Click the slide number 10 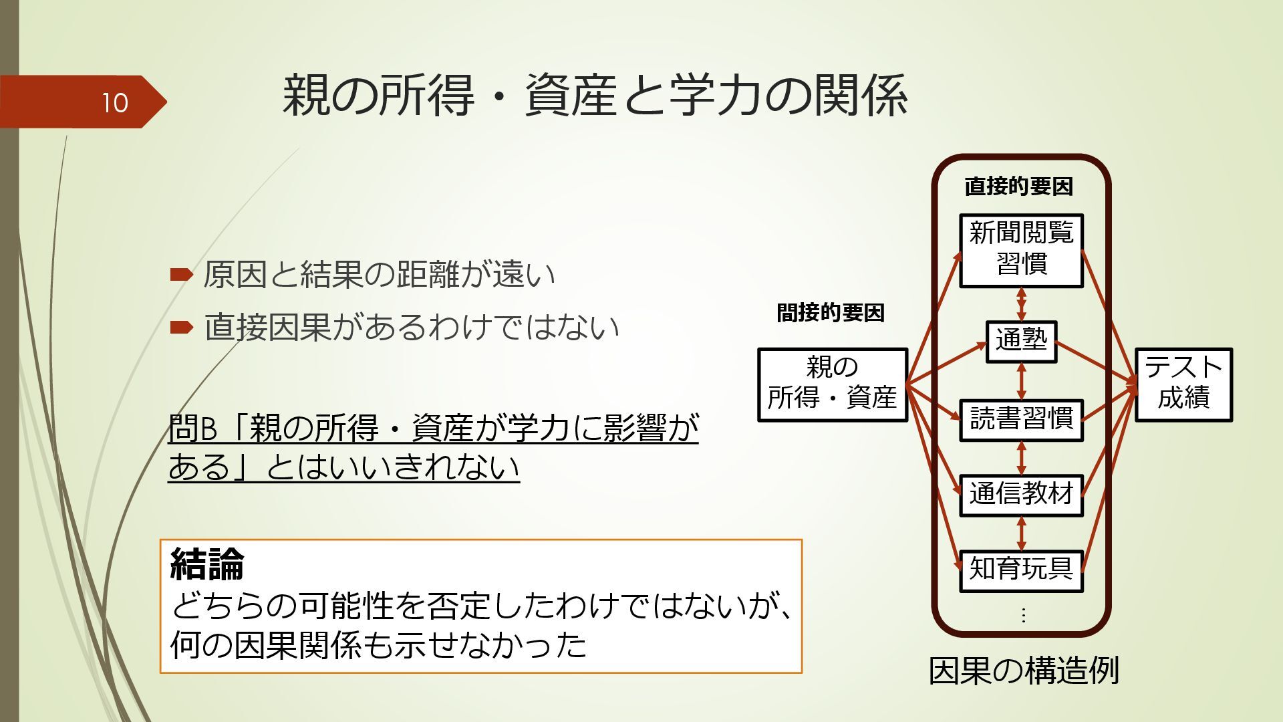point(114,103)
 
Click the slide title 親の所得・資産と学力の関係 point(594,96)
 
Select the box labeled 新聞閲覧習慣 point(1020,251)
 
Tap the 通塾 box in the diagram point(1021,341)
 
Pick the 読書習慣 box point(1021,420)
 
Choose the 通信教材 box point(1021,495)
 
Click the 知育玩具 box point(1021,570)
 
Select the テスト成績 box point(1183,384)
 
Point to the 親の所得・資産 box point(832,384)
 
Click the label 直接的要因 point(1018,187)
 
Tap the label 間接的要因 point(831,312)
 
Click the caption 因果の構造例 point(1024,671)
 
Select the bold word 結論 point(207,564)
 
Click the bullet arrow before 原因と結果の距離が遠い point(181,274)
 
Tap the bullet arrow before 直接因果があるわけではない point(181,328)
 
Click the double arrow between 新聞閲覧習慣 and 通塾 point(1021,304)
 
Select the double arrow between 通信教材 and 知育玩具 point(1021,533)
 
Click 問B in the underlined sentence point(192,429)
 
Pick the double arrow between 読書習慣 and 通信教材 point(1021,458)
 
